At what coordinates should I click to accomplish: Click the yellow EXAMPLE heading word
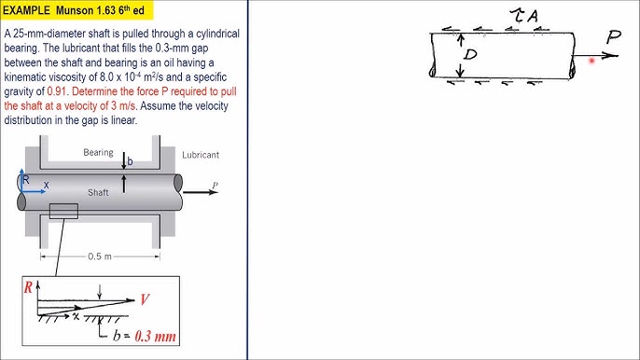[x=26, y=10]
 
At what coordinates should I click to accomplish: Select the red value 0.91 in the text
[x=57, y=91]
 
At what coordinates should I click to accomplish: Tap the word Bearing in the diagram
[x=98, y=152]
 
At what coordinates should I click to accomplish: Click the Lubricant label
[x=201, y=155]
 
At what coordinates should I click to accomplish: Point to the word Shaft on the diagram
[x=98, y=192]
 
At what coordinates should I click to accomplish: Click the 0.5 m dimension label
[x=100, y=256]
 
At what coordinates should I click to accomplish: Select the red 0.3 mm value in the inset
[x=155, y=336]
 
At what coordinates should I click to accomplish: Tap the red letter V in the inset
[x=145, y=299]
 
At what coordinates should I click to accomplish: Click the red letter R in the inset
[x=28, y=287]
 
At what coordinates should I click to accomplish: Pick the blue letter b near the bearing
[x=130, y=161]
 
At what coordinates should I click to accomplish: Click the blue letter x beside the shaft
[x=46, y=185]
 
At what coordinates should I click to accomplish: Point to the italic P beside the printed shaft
[x=215, y=187]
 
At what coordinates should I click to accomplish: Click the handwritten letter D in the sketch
[x=470, y=54]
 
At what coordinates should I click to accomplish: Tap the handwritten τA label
[x=525, y=16]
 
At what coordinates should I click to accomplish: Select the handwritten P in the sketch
[x=614, y=37]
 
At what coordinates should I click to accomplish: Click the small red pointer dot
[x=591, y=61]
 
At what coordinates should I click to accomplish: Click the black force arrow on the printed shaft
[x=201, y=191]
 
